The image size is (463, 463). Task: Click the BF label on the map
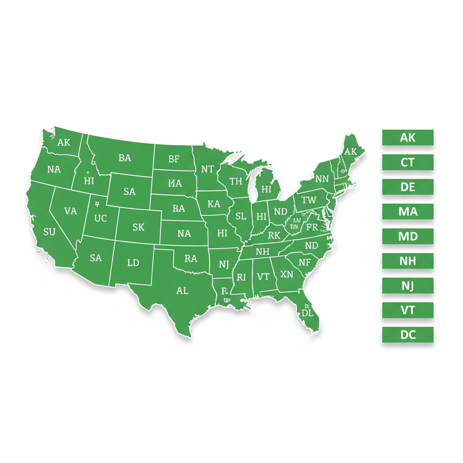pos(174,159)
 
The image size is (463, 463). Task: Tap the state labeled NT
pos(207,170)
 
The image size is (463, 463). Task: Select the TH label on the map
pos(236,182)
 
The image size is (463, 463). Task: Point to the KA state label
pos(213,204)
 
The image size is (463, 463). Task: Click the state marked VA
pos(71,211)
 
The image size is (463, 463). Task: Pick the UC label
pos(100,218)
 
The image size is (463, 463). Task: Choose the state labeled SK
pos(138,227)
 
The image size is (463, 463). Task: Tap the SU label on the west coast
pos(49,232)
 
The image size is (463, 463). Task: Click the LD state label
pos(133,262)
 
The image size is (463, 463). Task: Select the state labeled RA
pos(191,259)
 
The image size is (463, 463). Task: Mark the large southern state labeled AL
pos(182,291)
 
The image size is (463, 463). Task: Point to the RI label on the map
pos(241,277)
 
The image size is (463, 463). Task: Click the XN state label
pos(287,274)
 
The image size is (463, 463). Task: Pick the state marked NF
pos(305,262)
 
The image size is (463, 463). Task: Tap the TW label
pos(309,200)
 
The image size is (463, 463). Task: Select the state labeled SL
pos(241,216)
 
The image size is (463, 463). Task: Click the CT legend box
pos(407,162)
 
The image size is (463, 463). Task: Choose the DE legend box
pos(407,187)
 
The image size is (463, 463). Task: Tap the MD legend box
pos(407,236)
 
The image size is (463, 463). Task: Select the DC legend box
pos(407,335)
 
